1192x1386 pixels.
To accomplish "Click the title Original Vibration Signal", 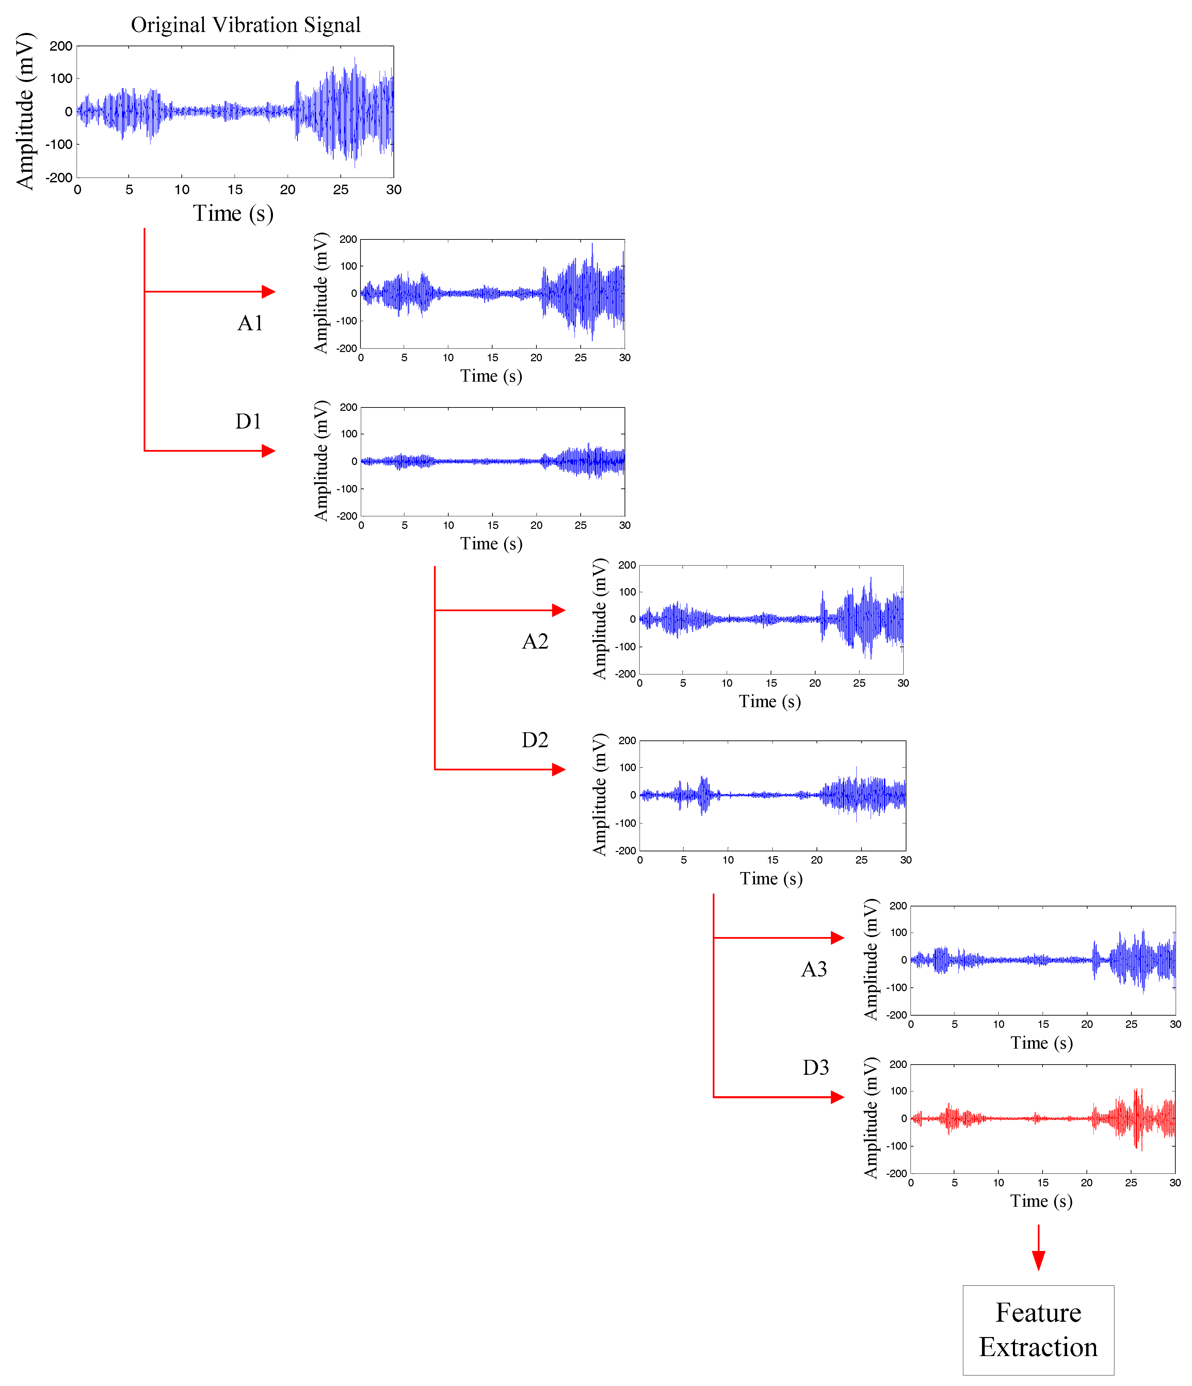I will coord(246,25).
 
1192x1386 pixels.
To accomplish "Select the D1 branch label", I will coord(248,421).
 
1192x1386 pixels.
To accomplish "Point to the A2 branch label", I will coord(535,641).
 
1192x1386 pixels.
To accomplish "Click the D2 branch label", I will coord(535,740).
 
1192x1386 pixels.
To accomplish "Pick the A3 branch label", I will coord(814,969).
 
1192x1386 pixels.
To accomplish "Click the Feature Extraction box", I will coord(1038,1330).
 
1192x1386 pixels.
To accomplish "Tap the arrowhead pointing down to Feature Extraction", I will coord(1038,1259).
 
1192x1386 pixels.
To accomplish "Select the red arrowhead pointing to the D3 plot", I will coord(837,1097).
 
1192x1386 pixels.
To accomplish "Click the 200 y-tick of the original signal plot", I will coord(61,46).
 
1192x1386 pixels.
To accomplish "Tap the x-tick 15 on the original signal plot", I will coord(235,190).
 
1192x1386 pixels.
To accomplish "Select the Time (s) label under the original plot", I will coord(233,213).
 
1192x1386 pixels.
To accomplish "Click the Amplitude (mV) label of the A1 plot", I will coord(321,293).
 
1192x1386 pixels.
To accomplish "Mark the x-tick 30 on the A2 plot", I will coord(903,683).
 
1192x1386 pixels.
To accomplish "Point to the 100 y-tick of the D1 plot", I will coord(349,434).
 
